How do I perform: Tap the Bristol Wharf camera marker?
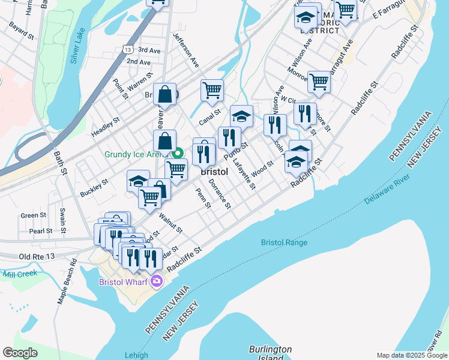click(x=157, y=281)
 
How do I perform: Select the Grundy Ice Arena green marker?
click(x=178, y=154)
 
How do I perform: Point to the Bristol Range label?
click(x=284, y=242)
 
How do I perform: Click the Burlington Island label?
click(x=270, y=353)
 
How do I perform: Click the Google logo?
click(x=20, y=353)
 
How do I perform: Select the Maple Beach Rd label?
click(x=66, y=281)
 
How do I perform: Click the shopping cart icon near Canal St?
click(x=212, y=91)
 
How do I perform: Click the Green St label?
click(x=33, y=215)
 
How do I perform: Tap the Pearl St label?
click(x=41, y=231)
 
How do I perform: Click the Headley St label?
click(x=106, y=127)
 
